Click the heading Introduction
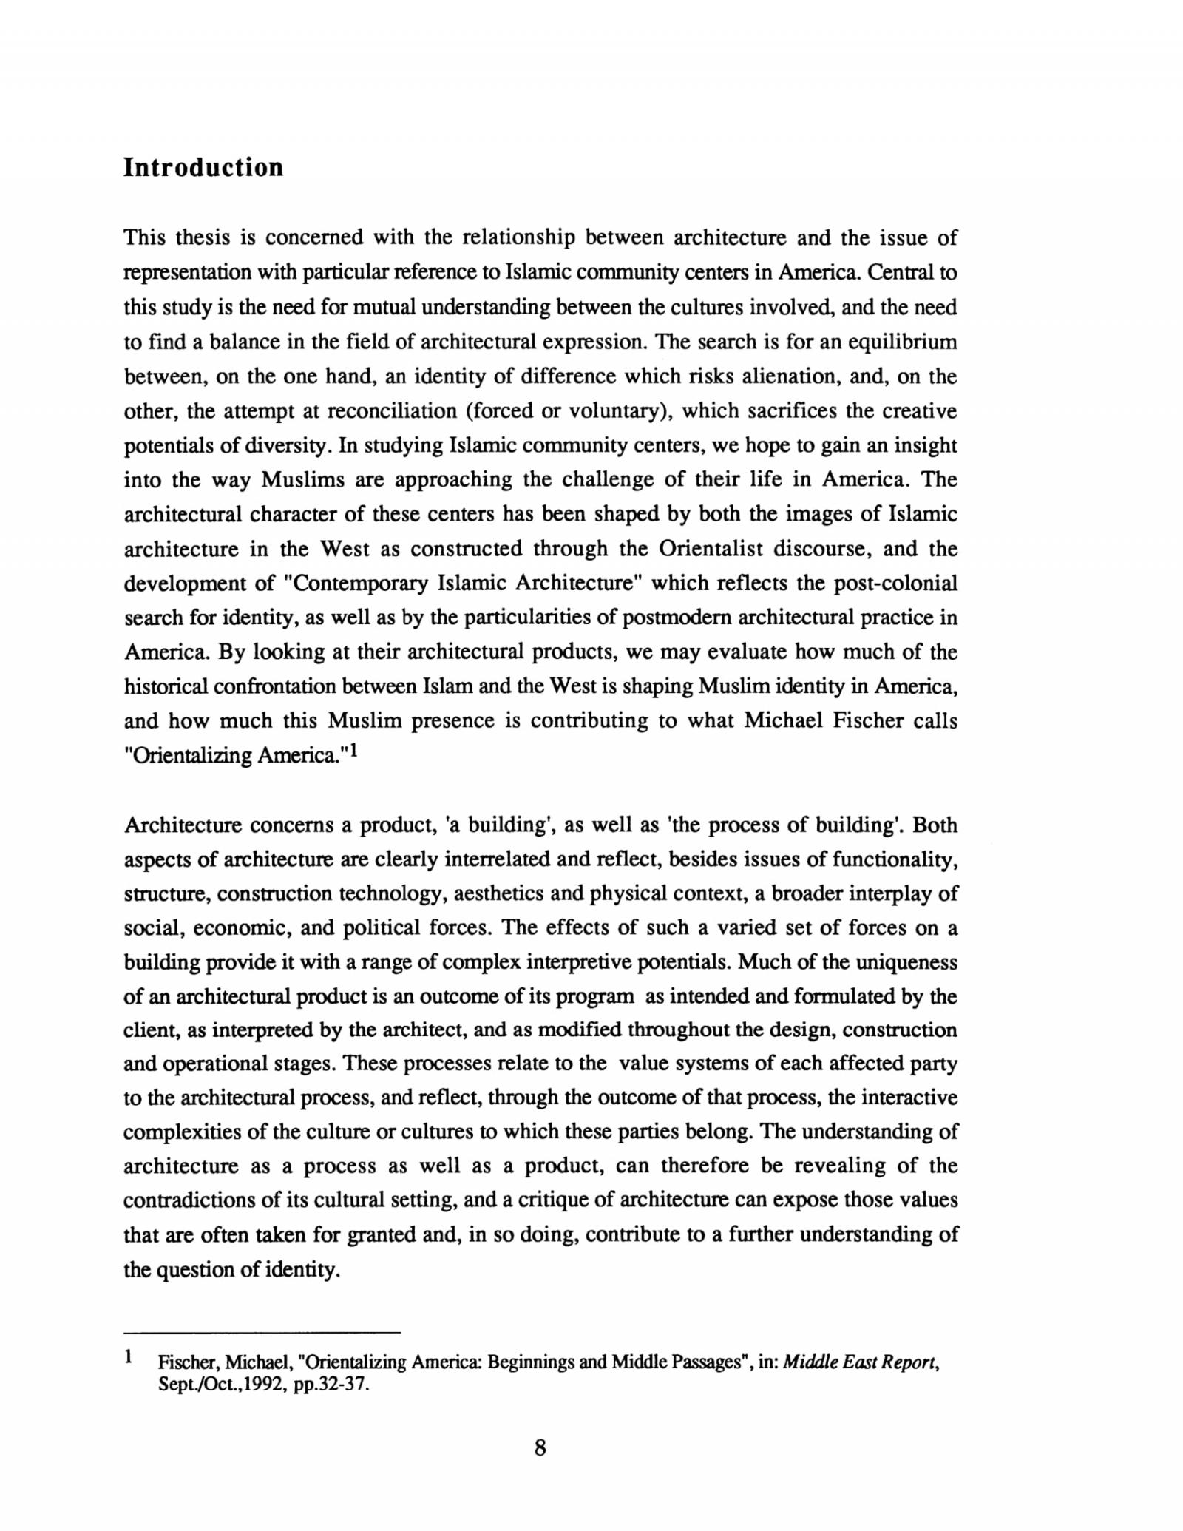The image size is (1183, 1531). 203,167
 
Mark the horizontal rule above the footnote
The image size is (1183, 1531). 262,1333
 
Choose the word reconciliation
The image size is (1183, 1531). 392,411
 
